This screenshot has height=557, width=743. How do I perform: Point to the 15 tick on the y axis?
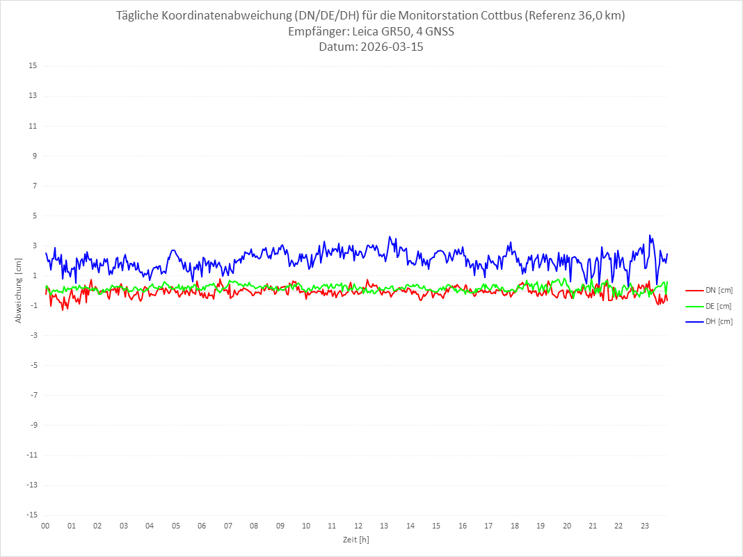pos(33,66)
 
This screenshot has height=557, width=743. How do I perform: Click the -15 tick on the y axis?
pos(31,515)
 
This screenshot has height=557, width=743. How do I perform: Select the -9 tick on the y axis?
pos(33,425)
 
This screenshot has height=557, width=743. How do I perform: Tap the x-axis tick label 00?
pos(45,526)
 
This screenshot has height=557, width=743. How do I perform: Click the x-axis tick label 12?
pos(358,526)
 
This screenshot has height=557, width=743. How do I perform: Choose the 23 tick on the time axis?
pos(645,526)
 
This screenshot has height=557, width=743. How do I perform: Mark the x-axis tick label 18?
pos(515,526)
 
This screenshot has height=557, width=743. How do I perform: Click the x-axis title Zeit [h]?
pos(355,540)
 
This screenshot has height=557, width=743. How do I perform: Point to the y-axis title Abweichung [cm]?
pos(19,291)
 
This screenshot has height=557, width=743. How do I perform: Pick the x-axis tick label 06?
pos(202,526)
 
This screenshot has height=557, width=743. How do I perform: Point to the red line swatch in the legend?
pos(694,291)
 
